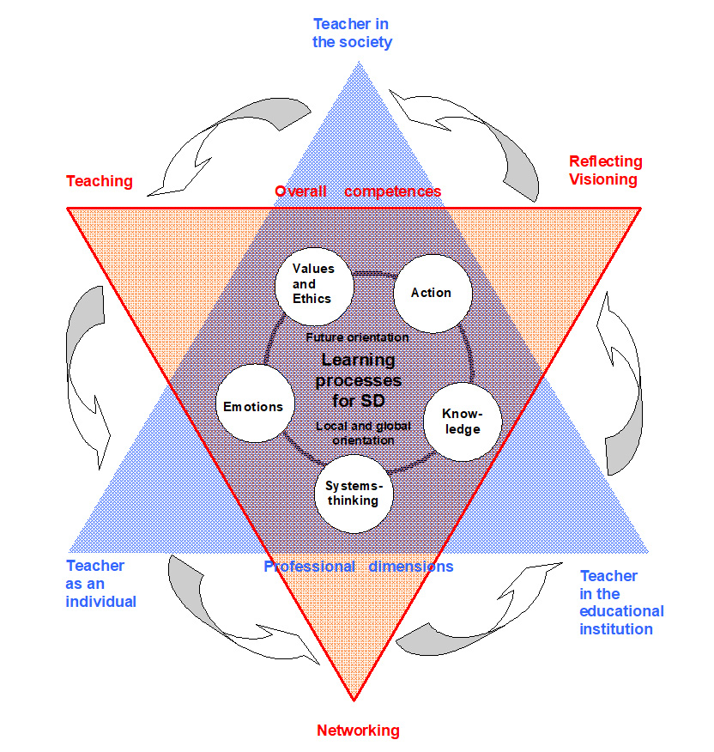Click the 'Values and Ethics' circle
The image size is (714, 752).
314,282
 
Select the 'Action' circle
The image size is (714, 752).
433,293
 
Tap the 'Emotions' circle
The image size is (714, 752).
254,406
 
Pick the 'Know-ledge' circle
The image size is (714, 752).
463,422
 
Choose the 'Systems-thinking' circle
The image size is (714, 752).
353,493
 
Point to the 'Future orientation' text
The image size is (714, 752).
357,337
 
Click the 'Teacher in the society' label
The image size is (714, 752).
352,33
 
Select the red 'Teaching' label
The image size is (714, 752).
100,181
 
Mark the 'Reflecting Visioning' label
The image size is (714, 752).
605,170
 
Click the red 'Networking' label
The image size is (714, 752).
358,731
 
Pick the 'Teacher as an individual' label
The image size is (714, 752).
100,584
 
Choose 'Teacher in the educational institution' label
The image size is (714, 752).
621,603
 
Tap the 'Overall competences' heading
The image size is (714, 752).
358,191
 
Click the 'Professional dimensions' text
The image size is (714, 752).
358,567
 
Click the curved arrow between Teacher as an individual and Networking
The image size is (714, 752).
232,609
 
